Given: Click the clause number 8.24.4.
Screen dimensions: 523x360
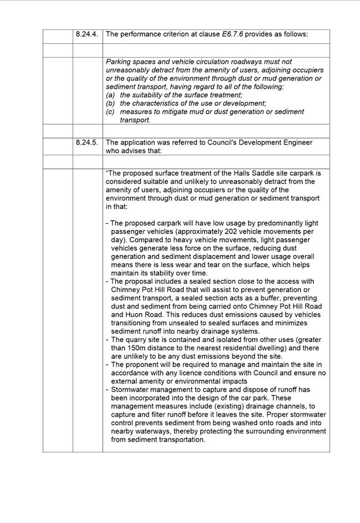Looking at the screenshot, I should coord(87,34).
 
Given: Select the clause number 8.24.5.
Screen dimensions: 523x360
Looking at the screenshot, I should coord(87,142).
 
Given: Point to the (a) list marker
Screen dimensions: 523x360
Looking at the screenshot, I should coord(111,95).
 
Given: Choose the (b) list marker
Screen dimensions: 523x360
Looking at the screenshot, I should coord(111,103).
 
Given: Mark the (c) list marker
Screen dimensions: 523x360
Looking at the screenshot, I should coord(111,112).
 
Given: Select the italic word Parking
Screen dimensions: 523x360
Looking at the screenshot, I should coord(120,62).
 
